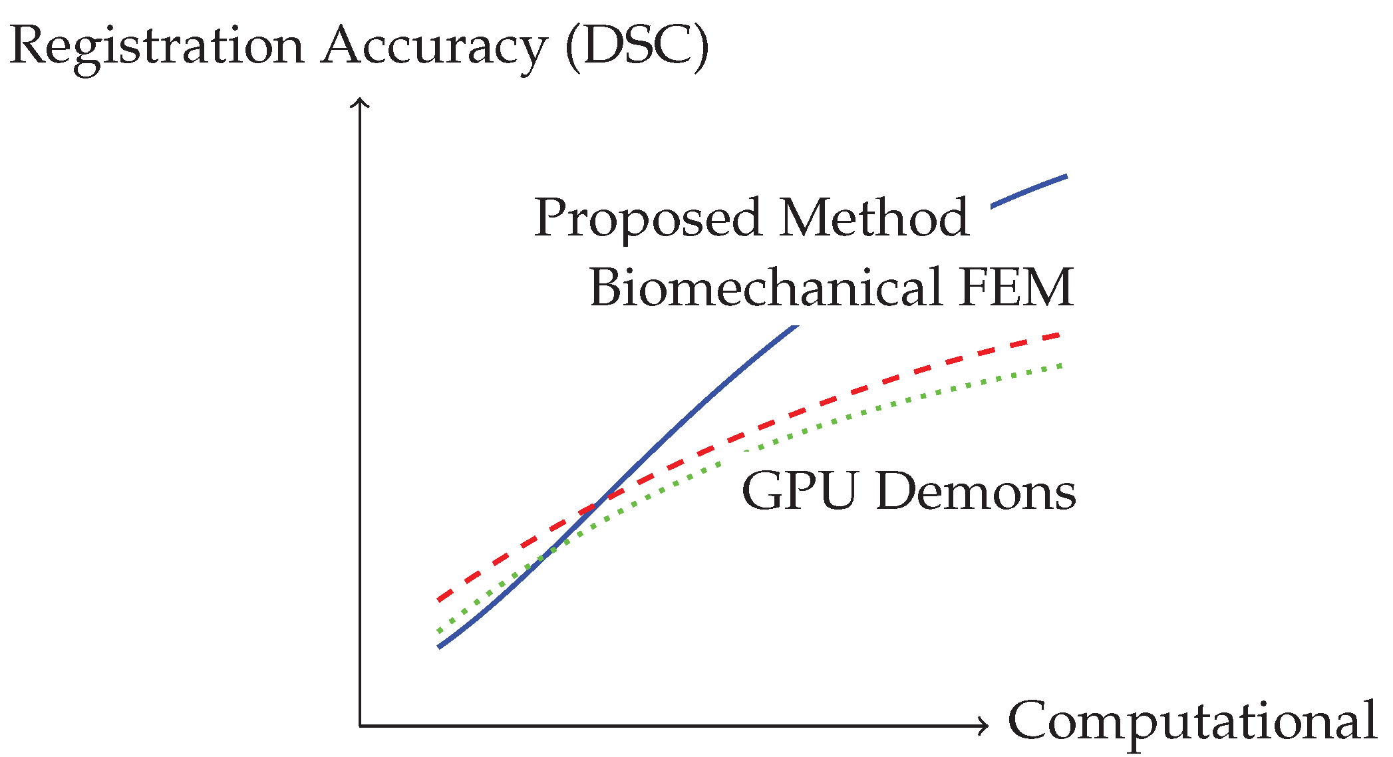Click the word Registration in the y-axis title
click(157, 47)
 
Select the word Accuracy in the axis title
click(434, 47)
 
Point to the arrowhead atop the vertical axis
click(360, 102)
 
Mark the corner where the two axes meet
click(360, 726)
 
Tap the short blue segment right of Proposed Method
click(1028, 192)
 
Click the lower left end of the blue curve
click(439, 646)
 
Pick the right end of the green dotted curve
click(1062, 365)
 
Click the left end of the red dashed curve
click(439, 599)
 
